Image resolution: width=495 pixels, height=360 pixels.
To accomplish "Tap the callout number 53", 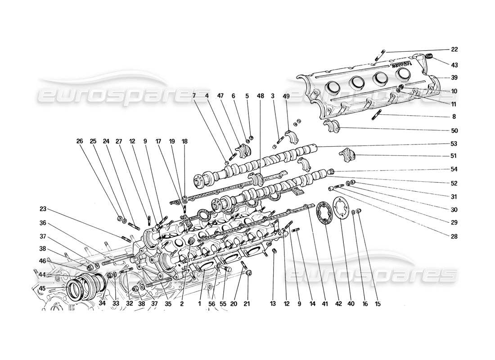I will click(x=454, y=144).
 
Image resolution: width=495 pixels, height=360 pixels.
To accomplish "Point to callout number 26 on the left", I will click(x=80, y=140).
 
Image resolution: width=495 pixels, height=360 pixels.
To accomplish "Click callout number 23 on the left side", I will click(x=43, y=209).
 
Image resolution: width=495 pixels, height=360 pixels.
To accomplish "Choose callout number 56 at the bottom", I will click(x=211, y=304).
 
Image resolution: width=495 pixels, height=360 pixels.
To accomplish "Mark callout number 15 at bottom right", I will click(x=378, y=304).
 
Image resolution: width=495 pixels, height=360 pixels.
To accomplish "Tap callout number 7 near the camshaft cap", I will click(x=194, y=96).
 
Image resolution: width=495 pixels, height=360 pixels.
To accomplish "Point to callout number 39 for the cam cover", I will click(x=454, y=77).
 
